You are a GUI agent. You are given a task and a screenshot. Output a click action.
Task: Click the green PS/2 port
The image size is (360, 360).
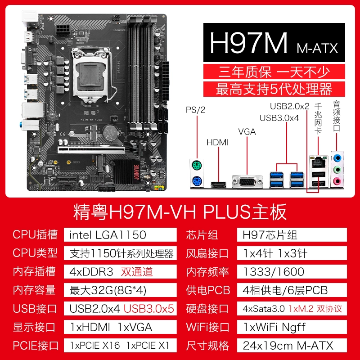(197, 165)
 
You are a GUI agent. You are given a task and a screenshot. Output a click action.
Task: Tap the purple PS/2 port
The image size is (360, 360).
(197, 181)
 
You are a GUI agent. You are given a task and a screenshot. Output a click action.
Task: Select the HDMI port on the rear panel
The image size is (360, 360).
(218, 184)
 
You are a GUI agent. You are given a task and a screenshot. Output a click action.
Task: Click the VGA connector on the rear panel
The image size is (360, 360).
(247, 182)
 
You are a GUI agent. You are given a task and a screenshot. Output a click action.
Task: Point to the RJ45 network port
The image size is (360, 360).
(319, 162)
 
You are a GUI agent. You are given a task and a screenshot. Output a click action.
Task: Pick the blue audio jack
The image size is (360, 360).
(337, 158)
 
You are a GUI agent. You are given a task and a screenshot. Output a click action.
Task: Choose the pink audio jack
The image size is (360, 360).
(337, 181)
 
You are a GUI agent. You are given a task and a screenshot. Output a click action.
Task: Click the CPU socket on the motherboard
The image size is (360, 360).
(92, 75)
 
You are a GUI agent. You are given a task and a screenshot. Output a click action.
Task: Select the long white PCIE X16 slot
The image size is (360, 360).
(91, 150)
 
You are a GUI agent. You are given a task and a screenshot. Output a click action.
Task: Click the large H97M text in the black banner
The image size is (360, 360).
(248, 43)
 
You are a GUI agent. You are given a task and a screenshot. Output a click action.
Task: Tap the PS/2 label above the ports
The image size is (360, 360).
(196, 110)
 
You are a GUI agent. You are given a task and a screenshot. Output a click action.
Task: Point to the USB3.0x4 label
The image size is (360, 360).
(279, 118)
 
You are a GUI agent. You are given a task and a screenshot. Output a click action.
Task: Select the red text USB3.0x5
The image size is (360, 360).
(149, 309)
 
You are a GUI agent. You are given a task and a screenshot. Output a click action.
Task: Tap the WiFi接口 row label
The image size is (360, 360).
(207, 327)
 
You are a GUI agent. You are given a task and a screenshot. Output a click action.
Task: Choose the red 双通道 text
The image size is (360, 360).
(137, 272)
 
